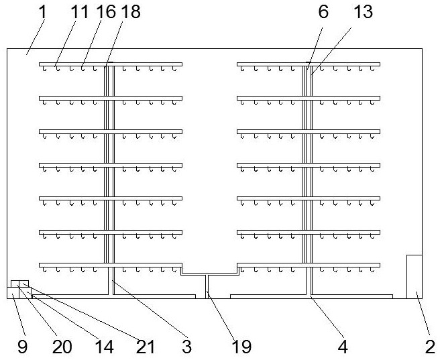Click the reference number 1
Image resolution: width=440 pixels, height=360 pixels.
click(x=42, y=12)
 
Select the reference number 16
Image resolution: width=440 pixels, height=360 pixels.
click(x=106, y=12)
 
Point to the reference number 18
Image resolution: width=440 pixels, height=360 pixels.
click(x=131, y=12)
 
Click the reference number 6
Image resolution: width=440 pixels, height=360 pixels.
click(x=323, y=12)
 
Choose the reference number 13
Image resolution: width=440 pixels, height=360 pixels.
click(x=363, y=12)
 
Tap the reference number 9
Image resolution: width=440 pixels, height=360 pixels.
click(x=22, y=347)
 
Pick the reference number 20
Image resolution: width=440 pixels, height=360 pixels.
click(x=62, y=347)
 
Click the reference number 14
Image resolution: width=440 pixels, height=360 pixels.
click(x=104, y=347)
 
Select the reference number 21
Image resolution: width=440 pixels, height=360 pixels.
click(x=146, y=347)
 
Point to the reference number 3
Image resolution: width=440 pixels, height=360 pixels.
click(x=186, y=347)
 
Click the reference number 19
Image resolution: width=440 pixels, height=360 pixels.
click(x=241, y=347)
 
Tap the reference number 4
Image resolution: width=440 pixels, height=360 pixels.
click(x=343, y=347)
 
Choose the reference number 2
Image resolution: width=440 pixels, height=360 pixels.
click(x=430, y=347)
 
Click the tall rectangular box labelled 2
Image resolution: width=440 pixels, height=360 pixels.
click(x=415, y=277)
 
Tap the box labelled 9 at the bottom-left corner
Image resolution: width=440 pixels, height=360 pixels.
click(x=13, y=293)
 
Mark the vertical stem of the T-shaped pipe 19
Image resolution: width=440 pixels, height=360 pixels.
click(x=207, y=286)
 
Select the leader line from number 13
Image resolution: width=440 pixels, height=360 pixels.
click(x=331, y=51)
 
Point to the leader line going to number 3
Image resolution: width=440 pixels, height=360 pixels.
click(x=150, y=308)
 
